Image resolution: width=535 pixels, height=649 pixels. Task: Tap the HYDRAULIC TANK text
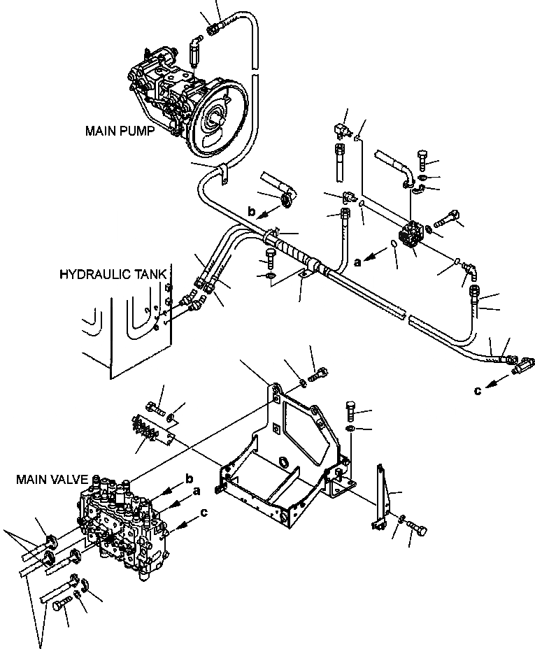[x=113, y=274]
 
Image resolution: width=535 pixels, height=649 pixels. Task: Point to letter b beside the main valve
[x=189, y=478]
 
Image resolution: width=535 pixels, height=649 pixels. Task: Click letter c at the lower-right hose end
[x=477, y=392]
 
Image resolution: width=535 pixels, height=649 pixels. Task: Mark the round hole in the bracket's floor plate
[x=283, y=462]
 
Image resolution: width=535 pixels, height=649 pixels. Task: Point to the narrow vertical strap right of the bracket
[x=382, y=494]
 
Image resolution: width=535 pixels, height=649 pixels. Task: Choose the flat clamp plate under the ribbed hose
[x=302, y=277]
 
